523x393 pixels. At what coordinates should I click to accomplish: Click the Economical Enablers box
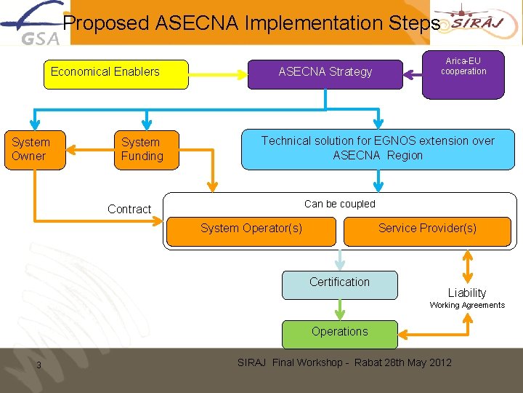[x=115, y=74]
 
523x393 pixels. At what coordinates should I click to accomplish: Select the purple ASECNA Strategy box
[x=325, y=74]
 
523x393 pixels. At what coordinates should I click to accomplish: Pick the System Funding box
[x=146, y=149]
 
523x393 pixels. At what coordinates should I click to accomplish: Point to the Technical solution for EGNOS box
[x=377, y=148]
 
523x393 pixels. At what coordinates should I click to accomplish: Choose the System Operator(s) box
[x=251, y=229]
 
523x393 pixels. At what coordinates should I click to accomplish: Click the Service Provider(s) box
[x=427, y=229]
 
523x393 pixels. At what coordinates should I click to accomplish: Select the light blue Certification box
[x=339, y=285]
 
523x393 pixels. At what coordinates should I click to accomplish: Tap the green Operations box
[x=339, y=333]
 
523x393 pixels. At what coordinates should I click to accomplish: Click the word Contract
[x=129, y=210]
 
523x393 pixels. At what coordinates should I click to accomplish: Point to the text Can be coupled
[x=340, y=204]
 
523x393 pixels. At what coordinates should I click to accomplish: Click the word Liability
[x=467, y=293]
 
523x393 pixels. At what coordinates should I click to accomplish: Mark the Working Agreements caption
[x=467, y=306]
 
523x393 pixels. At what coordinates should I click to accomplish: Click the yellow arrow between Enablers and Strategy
[x=218, y=73]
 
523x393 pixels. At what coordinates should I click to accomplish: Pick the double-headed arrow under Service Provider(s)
[x=467, y=266]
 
